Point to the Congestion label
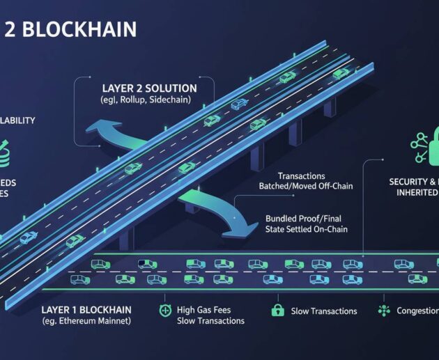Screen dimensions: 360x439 (x=416, y=311)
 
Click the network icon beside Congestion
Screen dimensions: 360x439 (x=383, y=311)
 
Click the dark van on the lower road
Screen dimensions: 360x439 (x=147, y=264)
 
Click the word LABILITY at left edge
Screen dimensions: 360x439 (x=17, y=120)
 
